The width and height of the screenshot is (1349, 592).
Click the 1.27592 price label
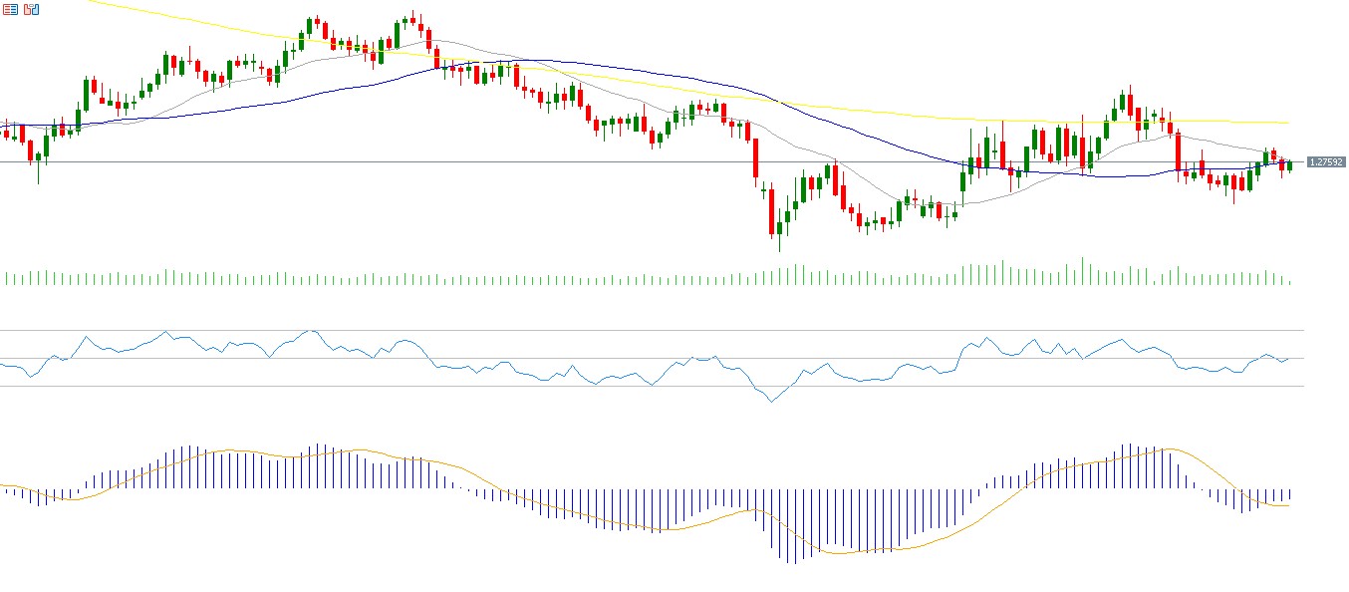pos(1325,161)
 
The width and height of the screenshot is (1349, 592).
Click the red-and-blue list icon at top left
pos(11,9)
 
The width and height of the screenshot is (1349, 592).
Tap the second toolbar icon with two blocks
pos(32,9)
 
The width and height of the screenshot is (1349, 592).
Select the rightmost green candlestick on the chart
pos(1289,165)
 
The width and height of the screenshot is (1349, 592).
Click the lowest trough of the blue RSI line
pos(771,402)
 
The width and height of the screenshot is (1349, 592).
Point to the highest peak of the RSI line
pos(311,330)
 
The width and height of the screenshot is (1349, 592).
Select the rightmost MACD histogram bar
pos(1289,494)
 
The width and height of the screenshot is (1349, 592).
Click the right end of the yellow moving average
pos(1290,123)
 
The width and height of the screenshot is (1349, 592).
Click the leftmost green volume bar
pos(6,278)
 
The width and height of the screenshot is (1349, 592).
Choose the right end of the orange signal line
pos(1290,505)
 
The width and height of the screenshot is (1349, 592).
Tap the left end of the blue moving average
pos(2,125)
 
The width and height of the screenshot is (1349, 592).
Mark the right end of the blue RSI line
pos(1290,358)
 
